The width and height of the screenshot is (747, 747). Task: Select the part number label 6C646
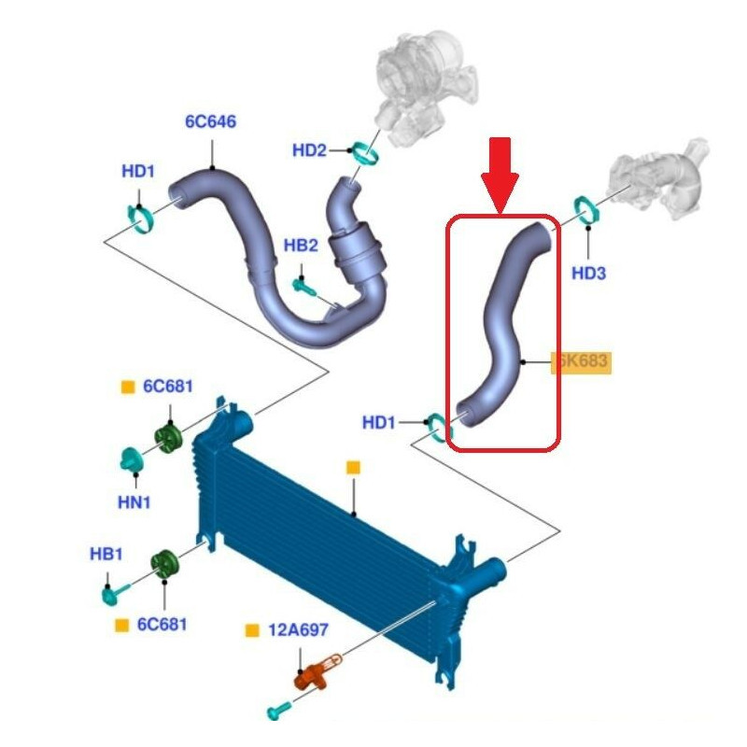click(210, 121)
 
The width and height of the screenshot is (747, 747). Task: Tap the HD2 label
click(309, 149)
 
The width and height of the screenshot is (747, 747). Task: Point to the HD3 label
click(589, 273)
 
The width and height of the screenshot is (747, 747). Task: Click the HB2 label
click(301, 246)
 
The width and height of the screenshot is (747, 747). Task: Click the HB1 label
click(106, 554)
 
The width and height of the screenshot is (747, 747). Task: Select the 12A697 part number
click(298, 630)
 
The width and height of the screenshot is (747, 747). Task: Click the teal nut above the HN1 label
click(131, 459)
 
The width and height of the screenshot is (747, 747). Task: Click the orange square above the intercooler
click(353, 467)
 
